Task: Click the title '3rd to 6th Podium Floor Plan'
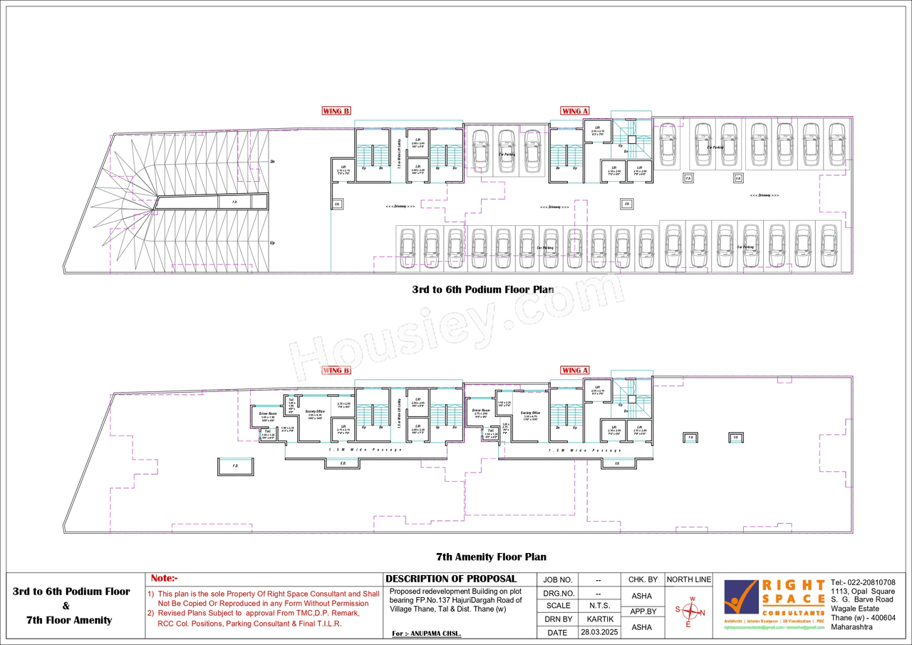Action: [482, 290]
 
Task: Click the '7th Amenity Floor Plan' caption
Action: [491, 557]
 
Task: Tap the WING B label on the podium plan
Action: [336, 111]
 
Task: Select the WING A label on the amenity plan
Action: [575, 371]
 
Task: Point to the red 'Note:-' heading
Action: [164, 579]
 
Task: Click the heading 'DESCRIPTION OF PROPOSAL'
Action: [451, 579]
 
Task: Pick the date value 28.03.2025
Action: [600, 632]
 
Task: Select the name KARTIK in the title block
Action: [600, 619]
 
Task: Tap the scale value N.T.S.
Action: [600, 606]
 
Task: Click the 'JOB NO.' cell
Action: [558, 580]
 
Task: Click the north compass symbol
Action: [690, 612]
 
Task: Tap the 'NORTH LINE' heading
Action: [689, 580]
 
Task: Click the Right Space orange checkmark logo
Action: [741, 597]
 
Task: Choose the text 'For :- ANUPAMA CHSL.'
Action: [426, 634]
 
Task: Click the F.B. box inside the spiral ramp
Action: [234, 202]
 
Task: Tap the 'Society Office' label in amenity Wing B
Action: [315, 412]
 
